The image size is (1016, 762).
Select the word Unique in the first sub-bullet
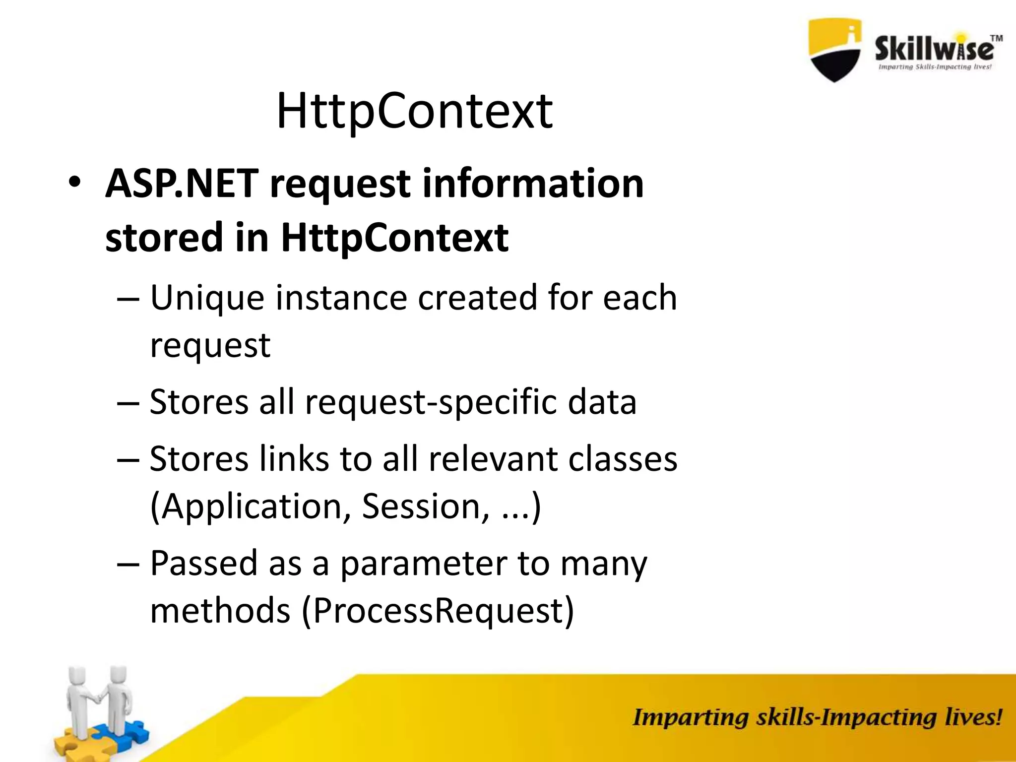(x=207, y=299)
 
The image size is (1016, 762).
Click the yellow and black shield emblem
(x=834, y=50)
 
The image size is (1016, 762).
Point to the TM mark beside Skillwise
(x=996, y=38)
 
